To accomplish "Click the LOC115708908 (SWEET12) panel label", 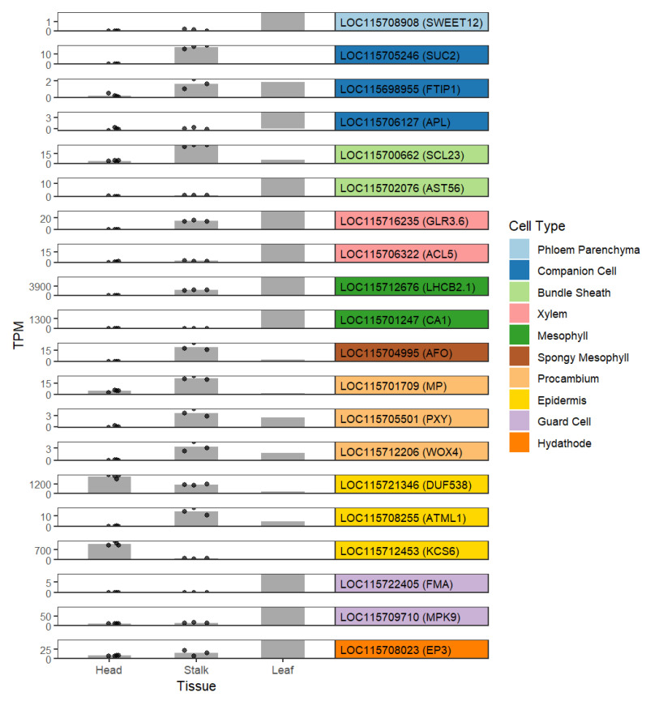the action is [x=411, y=23].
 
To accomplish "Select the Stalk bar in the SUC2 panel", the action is [x=196, y=55].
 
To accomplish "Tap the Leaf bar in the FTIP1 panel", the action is [x=283, y=89].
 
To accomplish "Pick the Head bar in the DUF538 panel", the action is [x=109, y=485].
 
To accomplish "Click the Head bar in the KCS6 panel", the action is [x=109, y=552].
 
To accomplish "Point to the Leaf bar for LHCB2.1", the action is [x=283, y=286].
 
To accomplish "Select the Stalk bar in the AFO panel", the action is [x=196, y=354].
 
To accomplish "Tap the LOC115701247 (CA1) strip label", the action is [x=396, y=320].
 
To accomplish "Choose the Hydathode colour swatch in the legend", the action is [x=519, y=442].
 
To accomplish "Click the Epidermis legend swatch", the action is [x=519, y=400].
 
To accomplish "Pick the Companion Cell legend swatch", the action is [x=519, y=271].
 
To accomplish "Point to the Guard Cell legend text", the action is [x=564, y=421].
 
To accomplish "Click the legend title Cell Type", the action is [x=537, y=226].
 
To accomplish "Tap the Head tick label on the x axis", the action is [x=109, y=669].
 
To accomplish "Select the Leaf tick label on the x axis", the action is [x=283, y=669].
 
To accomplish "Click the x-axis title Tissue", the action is [x=196, y=686].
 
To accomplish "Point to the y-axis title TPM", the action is [x=19, y=335].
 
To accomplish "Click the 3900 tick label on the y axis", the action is [x=40, y=287].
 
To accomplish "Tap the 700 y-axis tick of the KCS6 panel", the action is [x=43, y=550].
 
